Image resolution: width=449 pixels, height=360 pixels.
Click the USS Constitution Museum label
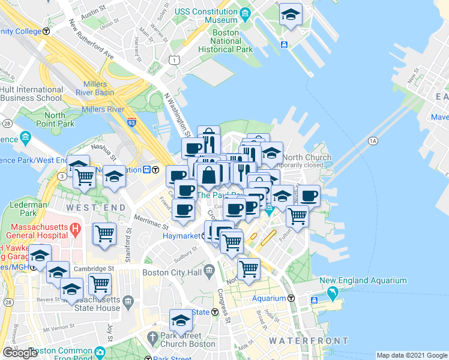[x=206, y=16]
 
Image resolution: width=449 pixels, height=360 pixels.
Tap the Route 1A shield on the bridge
[x=373, y=140]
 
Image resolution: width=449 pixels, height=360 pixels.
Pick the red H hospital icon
[x=75, y=229]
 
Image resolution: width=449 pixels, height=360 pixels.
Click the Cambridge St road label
[x=95, y=269]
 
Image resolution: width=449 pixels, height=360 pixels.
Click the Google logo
[x=20, y=353]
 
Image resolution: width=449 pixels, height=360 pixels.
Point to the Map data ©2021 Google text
[x=411, y=355]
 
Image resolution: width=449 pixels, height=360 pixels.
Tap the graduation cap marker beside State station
[x=181, y=321]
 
